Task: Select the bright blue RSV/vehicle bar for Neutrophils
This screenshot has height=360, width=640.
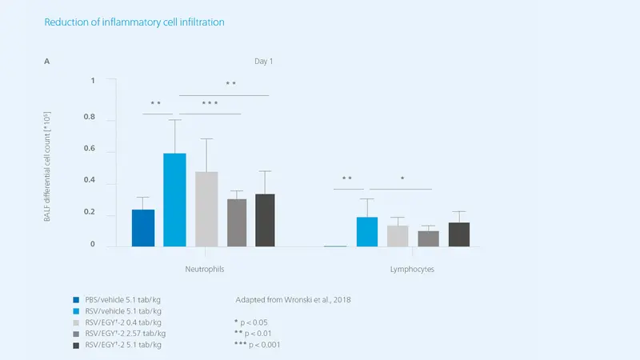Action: pos(174,200)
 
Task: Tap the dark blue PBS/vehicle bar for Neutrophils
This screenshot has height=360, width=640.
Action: pos(143,228)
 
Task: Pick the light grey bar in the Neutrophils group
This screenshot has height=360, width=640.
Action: pos(206,209)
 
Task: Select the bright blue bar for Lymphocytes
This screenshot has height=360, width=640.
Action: pos(366,232)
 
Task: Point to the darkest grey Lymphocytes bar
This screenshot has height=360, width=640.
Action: pos(459,234)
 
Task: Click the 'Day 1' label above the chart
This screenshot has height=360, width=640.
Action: pos(265,61)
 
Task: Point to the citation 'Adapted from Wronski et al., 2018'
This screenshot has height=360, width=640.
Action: pos(294,299)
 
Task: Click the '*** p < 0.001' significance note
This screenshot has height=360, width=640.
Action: pos(258,344)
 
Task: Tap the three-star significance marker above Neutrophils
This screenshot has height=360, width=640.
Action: pos(210,103)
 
